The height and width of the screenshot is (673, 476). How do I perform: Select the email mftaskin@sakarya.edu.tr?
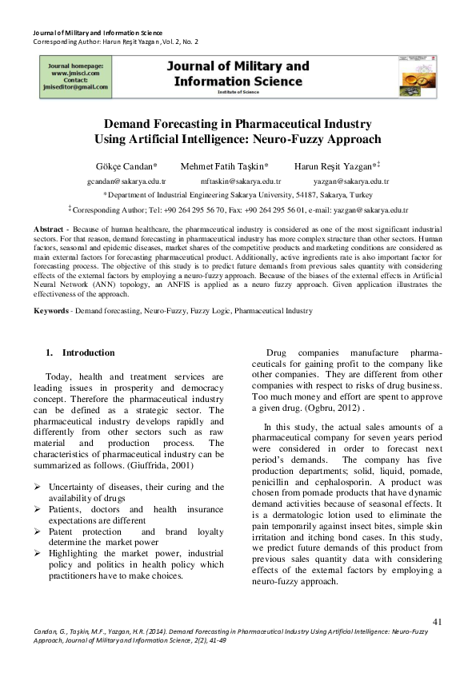240,181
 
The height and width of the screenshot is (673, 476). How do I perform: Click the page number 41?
437,621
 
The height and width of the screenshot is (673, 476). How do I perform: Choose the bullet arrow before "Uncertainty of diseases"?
38,487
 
